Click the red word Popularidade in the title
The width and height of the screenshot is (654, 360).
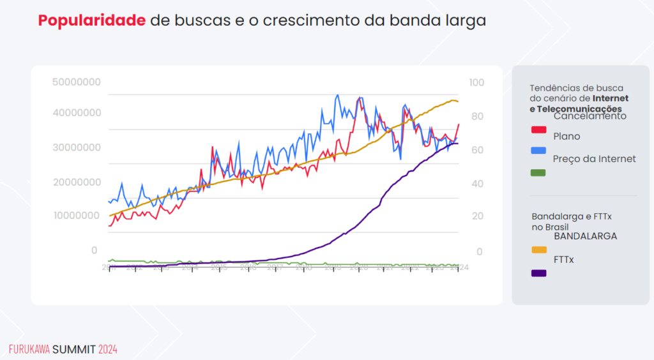[x=91, y=20]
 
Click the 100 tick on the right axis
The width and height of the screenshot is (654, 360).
[x=476, y=82]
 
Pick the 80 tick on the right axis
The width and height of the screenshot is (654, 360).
[x=476, y=117]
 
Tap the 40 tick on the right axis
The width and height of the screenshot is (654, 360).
[x=476, y=184]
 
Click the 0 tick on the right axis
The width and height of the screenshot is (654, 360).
[x=480, y=252]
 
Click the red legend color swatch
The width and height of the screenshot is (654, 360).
[x=539, y=130]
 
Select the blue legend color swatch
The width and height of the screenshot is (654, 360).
[x=539, y=150]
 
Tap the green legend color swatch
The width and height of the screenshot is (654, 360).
[x=539, y=172]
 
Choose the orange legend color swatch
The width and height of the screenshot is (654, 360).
[x=539, y=250]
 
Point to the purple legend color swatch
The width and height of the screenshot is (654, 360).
[x=539, y=273]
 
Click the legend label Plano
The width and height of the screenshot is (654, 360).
[x=567, y=136]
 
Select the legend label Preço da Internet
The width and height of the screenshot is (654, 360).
[x=594, y=159]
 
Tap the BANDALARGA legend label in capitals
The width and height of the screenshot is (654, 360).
[x=585, y=236]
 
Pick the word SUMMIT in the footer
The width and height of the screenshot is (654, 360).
[x=74, y=350]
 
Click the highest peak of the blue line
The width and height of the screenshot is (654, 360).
[x=337, y=95]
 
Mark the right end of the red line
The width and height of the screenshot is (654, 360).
[x=459, y=124]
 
